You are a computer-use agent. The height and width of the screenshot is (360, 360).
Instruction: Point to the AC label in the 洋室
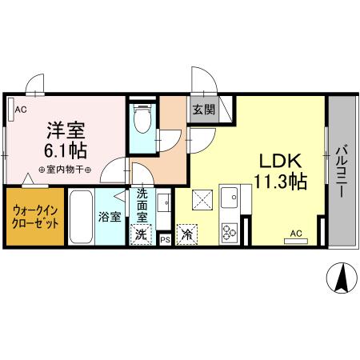tap(21, 110)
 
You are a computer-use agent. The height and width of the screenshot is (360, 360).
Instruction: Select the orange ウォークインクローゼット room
tap(34, 218)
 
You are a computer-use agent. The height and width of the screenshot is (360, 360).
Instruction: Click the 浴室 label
tap(110, 217)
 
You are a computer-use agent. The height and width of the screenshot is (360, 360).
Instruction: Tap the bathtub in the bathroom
tap(82, 217)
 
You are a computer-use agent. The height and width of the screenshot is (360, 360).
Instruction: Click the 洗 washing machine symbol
tap(141, 234)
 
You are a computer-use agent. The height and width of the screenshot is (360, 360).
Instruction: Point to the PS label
tap(166, 238)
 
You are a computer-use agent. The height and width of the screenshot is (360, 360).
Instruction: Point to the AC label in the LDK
tap(295, 234)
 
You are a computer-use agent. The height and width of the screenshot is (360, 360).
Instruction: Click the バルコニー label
tap(342, 169)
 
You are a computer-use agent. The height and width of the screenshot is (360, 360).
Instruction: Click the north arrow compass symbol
tap(341, 277)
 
